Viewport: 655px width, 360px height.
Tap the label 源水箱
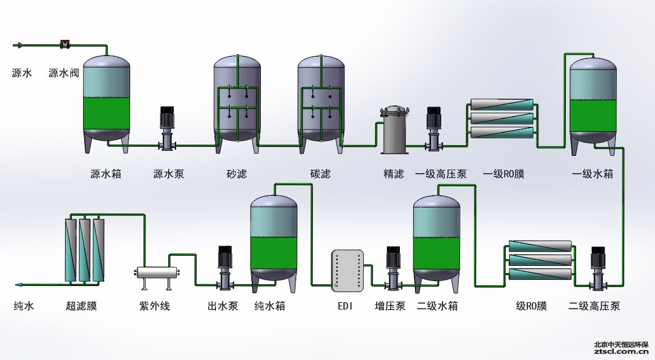click(105, 174)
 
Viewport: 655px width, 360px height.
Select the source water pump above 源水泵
click(168, 128)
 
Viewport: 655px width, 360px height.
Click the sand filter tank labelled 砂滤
click(237, 101)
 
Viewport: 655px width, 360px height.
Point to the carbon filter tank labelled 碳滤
click(321, 101)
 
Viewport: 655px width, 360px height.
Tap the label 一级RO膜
click(503, 174)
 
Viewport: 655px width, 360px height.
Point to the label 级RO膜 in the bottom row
click(531, 306)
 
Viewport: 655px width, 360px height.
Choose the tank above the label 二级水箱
click(437, 238)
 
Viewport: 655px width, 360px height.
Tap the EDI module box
click(348, 271)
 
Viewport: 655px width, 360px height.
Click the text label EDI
click(345, 306)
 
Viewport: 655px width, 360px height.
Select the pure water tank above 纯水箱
click(274, 238)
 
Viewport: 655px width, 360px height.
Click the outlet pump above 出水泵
click(225, 267)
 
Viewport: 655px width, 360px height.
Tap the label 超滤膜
click(81, 306)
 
